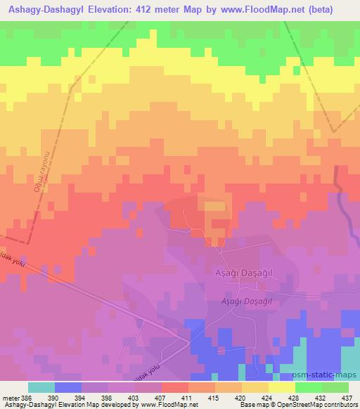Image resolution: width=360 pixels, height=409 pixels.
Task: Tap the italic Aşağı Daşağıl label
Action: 247,301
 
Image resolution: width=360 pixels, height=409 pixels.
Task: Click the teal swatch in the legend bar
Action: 41,387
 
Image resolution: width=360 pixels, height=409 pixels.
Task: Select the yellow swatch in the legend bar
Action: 282,387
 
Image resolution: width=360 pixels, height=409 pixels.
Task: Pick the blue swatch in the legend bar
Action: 68,387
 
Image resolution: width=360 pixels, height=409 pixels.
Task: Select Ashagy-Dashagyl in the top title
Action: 50,10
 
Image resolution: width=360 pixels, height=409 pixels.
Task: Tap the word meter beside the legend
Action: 11,398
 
